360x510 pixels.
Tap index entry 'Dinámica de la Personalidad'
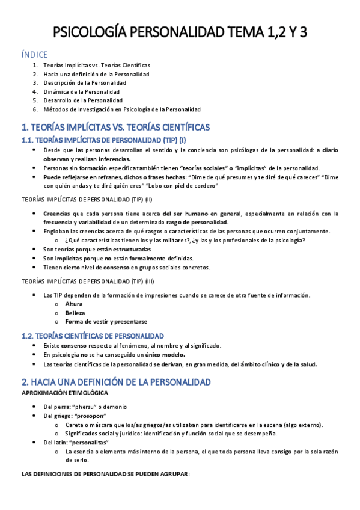click(81, 91)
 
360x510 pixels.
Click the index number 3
click(35, 82)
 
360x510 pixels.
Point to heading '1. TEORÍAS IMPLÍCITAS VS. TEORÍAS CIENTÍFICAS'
click(115, 127)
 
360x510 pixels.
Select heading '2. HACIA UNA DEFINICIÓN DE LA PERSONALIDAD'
click(115, 382)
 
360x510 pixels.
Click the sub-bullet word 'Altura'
click(74, 304)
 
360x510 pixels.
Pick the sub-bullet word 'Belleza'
click(75, 313)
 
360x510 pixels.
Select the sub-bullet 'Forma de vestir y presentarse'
click(106, 322)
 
